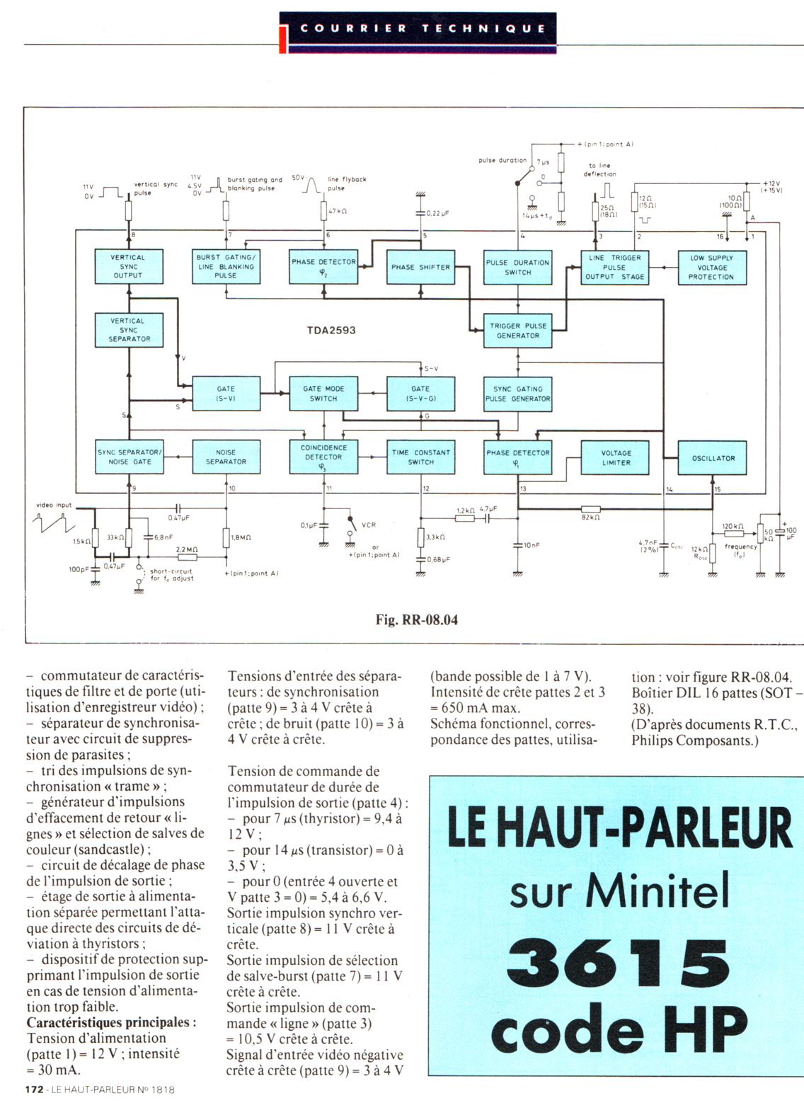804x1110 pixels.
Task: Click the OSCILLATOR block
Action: [x=713, y=458]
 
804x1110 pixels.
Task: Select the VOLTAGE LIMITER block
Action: [x=616, y=458]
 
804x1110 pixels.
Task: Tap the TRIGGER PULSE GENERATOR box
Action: [x=518, y=331]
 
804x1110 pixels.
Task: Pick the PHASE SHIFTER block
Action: [x=420, y=268]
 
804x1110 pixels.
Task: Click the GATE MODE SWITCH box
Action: [x=323, y=394]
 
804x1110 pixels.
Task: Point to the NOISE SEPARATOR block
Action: [x=226, y=457]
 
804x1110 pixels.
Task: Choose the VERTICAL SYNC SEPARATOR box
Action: [x=129, y=330]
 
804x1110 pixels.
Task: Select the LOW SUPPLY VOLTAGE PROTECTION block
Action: [x=711, y=268]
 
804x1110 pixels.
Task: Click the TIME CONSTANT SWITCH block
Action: [x=420, y=457]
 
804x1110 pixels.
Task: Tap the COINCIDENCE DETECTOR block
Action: [x=323, y=457]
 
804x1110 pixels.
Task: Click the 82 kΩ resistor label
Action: [x=591, y=517]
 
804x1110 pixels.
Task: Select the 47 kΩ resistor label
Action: [x=338, y=211]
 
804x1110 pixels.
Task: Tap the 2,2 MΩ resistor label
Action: [x=187, y=549]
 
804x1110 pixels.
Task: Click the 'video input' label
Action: [x=54, y=505]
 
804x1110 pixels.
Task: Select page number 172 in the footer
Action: [x=34, y=1090]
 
